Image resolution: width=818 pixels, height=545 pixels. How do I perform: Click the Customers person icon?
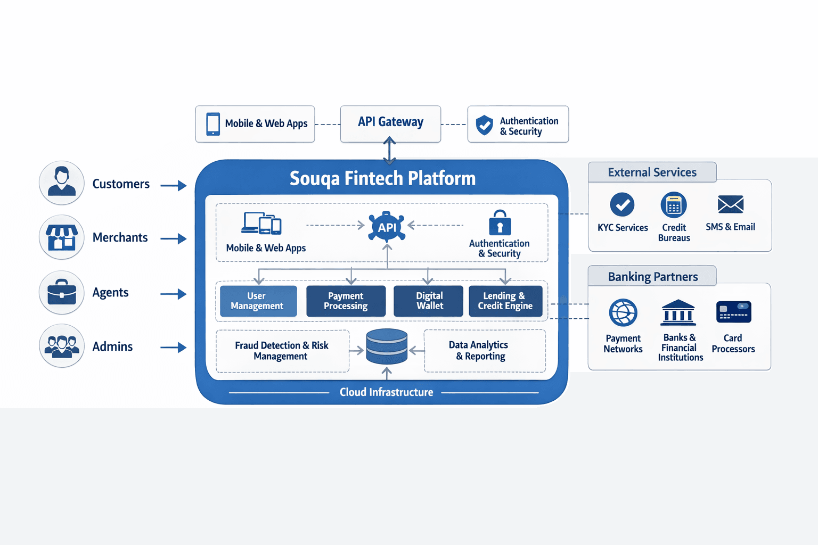62,183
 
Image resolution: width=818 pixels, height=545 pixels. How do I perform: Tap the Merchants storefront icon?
62,237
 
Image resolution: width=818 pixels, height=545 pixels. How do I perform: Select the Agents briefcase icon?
62,292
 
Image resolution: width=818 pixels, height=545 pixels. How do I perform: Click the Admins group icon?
62,346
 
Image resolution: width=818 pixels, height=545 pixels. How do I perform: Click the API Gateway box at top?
390,123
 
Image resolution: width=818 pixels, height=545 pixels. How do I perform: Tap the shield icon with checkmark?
484,125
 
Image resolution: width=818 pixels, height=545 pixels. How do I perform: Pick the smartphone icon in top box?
213,124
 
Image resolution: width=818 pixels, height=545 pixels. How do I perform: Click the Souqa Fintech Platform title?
382,178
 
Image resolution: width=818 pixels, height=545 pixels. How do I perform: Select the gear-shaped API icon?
387,227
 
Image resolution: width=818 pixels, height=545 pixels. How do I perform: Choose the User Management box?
258,301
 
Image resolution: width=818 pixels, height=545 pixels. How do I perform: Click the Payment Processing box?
346,301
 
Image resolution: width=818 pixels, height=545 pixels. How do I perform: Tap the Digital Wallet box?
428,301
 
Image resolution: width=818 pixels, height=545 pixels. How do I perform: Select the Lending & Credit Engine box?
505,301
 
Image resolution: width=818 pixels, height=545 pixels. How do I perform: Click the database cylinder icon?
387,346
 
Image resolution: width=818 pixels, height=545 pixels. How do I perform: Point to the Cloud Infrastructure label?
386,392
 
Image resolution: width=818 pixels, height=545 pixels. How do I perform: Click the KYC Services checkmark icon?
622,204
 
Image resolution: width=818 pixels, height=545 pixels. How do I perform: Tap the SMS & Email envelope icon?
730,204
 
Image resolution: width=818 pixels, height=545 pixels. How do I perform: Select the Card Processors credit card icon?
733,312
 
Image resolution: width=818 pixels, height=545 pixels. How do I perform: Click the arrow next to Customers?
174,185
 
